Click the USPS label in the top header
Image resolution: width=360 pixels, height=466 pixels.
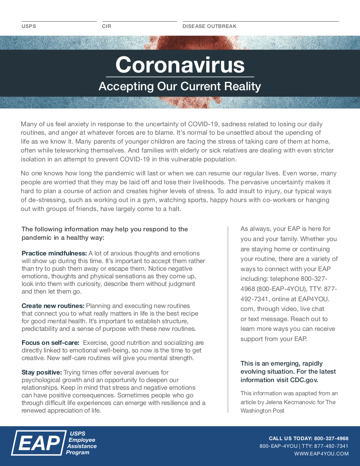coord(29,26)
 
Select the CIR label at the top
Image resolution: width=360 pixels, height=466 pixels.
coord(107,26)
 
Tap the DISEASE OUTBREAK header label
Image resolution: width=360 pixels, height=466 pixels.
coord(209,26)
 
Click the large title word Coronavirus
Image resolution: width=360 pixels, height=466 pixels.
coord(180,65)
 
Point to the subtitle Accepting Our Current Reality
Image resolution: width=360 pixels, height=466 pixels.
coord(180,86)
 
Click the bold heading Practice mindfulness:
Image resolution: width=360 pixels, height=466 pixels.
coord(54,253)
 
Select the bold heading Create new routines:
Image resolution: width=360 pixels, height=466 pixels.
coord(53,306)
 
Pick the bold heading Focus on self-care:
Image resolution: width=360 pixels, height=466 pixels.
coord(50,343)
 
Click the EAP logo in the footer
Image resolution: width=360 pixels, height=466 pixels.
coord(39,443)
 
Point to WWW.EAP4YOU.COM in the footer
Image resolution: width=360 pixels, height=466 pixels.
coord(321,454)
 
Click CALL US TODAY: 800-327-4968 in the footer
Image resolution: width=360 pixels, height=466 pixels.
coord(309,438)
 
